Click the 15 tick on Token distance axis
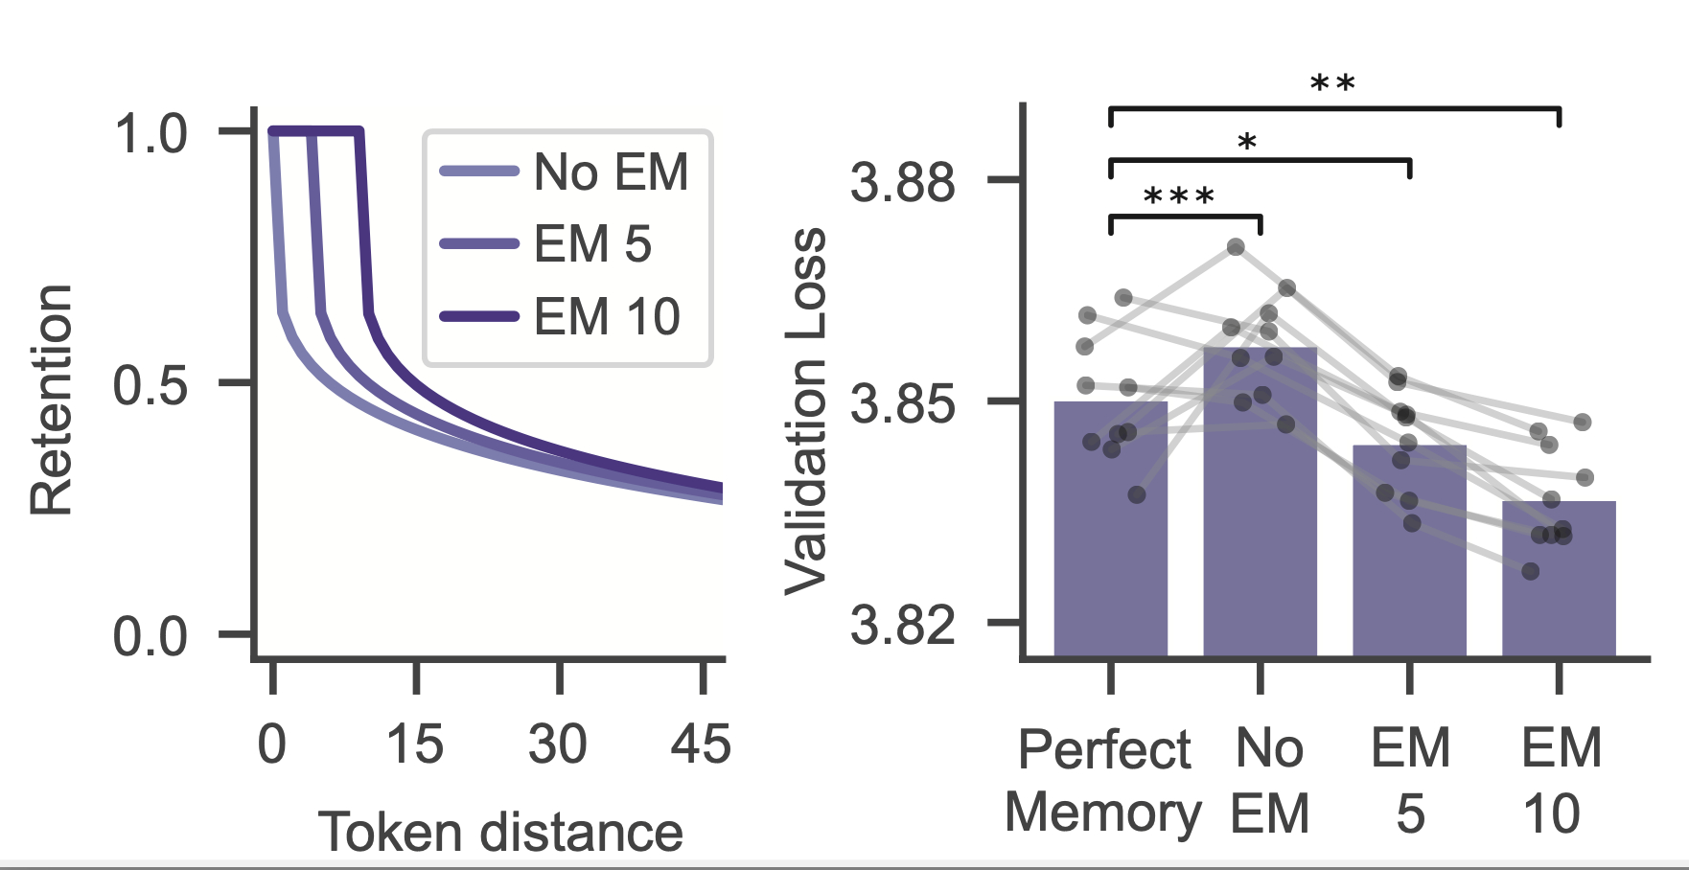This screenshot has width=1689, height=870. point(415,744)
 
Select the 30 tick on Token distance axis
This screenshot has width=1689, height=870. point(558,744)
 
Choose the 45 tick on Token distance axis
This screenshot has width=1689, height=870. point(701,744)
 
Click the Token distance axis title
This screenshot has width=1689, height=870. point(500,831)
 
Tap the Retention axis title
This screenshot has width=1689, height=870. point(52,400)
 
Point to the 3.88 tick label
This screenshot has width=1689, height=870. point(903,181)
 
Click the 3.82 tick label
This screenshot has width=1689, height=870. point(903,626)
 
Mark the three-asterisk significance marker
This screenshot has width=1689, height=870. point(1179,197)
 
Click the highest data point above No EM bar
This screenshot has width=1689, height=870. point(1236,247)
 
